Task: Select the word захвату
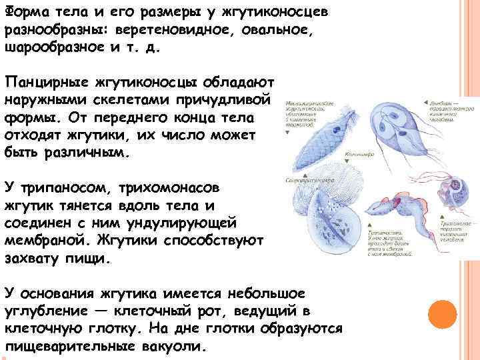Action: (43, 257)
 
